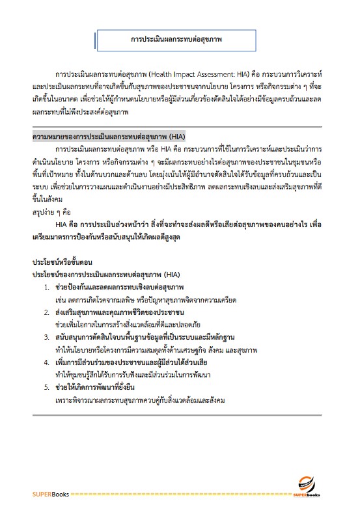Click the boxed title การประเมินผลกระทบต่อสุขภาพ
pos(176,40)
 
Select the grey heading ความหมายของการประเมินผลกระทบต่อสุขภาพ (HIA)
pos(109,138)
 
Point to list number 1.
pos(46,288)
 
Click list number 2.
pos(46,312)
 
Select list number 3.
pos(46,337)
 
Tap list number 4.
pos(46,362)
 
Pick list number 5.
pos(46,387)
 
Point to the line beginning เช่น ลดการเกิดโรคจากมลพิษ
pos(146,300)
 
